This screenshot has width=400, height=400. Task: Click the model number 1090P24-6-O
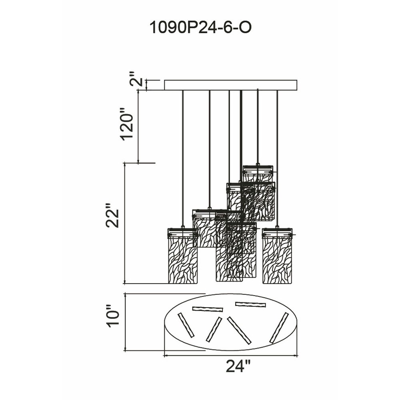click(x=200, y=28)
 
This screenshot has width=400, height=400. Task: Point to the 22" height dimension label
click(x=112, y=215)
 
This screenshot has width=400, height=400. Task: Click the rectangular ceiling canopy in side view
click(x=231, y=85)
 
